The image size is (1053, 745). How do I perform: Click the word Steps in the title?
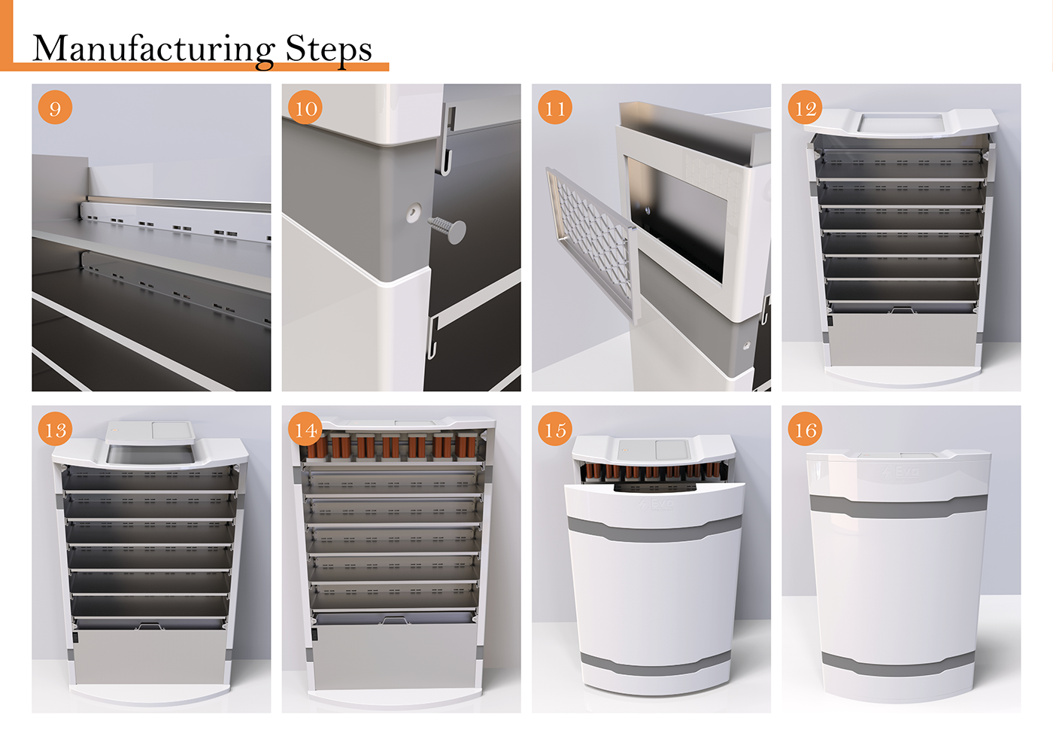(x=329, y=50)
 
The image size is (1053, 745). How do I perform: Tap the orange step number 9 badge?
(x=55, y=108)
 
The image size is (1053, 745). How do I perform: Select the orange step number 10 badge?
(x=305, y=108)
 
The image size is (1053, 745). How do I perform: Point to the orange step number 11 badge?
(x=555, y=108)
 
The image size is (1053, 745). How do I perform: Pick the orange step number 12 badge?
(x=806, y=108)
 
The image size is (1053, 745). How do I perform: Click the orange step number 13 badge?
(x=55, y=429)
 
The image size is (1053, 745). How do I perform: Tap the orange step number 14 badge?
(x=305, y=429)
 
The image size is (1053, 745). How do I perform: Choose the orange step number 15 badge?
(x=555, y=429)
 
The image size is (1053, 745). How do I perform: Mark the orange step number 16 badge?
(x=806, y=429)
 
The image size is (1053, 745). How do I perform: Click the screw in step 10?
(x=448, y=229)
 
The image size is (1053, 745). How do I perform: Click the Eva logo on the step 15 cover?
(x=655, y=503)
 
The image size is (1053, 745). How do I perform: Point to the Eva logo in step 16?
(x=901, y=472)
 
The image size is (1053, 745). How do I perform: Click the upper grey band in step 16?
(x=898, y=506)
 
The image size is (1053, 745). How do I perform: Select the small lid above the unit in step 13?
(x=150, y=431)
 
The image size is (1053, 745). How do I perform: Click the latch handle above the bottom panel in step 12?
(x=901, y=309)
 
